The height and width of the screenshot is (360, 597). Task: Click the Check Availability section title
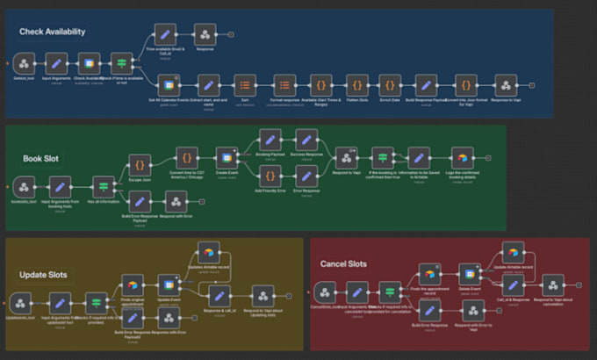[53, 32]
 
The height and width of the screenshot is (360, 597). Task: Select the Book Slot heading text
[40, 159]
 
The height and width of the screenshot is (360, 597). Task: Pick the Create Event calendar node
[226, 158]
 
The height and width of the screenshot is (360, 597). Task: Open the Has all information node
[102, 186]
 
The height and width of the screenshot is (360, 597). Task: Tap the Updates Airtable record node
[208, 253]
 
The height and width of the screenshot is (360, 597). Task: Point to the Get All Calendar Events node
[165, 86]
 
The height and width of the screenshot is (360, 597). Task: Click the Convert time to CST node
[186, 158]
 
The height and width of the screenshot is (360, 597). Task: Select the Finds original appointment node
[132, 284]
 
